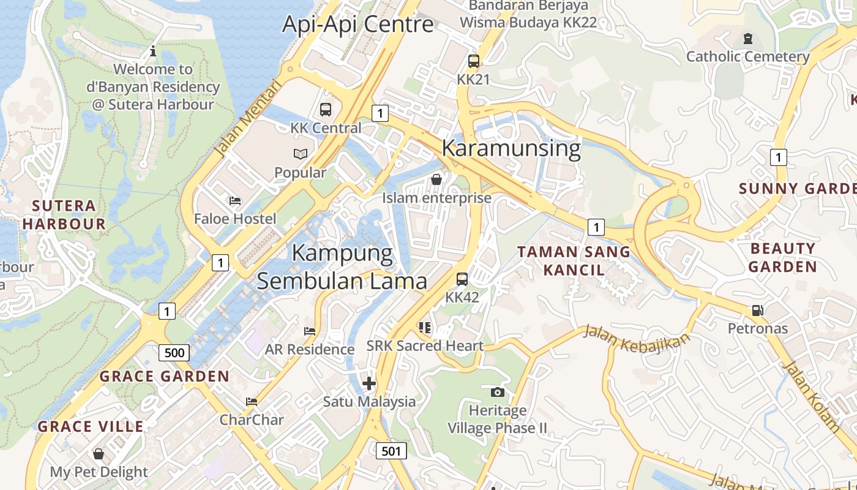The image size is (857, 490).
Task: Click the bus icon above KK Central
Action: click(326, 110)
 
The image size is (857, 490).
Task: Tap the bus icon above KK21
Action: click(473, 61)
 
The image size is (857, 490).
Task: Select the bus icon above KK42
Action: click(462, 279)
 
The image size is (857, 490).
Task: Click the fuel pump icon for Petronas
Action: click(757, 310)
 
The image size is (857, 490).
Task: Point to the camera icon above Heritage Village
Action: click(497, 391)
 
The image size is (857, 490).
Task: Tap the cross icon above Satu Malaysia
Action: click(369, 384)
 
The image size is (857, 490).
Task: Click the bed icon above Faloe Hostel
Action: click(234, 200)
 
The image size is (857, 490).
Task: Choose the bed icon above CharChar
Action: click(251, 402)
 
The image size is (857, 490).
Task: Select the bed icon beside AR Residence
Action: click(310, 331)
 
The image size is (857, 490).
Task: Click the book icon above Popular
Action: click(300, 154)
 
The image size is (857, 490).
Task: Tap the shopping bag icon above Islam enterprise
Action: click(436, 179)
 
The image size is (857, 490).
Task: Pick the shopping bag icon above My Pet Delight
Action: click(99, 454)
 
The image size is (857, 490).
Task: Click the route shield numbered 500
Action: click(174, 353)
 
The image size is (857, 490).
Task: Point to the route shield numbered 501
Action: click(391, 451)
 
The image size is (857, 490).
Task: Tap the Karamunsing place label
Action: click(511, 148)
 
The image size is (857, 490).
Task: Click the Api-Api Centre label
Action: click(357, 24)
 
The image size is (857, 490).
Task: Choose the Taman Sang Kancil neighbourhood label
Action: click(574, 260)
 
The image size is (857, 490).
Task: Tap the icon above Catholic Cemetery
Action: click(747, 39)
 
